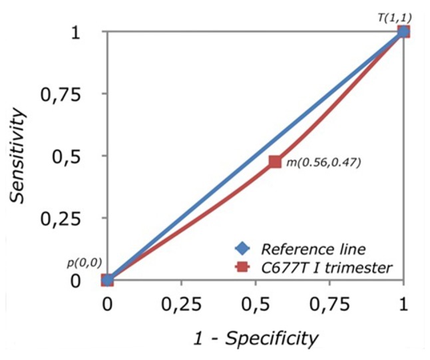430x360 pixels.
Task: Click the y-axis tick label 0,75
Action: [67, 94]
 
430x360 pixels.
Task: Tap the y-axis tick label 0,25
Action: [67, 219]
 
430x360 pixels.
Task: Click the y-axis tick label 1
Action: [83, 32]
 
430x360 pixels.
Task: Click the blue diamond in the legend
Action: [242, 250]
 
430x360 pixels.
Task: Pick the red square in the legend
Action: [242, 267]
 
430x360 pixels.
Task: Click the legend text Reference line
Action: [304, 250]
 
